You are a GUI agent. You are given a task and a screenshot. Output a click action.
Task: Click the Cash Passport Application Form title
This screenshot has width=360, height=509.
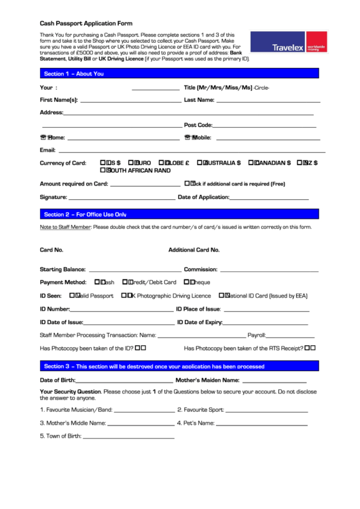pyautogui.click(x=86, y=22)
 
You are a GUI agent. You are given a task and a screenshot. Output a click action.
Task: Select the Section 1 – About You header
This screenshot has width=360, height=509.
pyautogui.click(x=179, y=73)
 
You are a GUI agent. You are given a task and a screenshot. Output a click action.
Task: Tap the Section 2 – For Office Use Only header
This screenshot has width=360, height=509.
pyautogui.click(x=179, y=214)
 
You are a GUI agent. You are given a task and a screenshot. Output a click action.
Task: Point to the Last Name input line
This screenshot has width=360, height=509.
pyautogui.click(x=265, y=101)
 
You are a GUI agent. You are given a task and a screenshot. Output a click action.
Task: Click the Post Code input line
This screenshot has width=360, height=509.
pyautogui.click(x=266, y=126)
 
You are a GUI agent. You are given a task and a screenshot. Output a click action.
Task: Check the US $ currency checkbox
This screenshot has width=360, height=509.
pyautogui.click(x=103, y=163)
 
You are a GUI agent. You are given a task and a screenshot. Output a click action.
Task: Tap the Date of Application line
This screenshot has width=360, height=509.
pyautogui.click(x=270, y=198)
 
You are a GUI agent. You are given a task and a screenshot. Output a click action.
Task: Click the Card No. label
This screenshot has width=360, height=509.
pyautogui.click(x=52, y=250)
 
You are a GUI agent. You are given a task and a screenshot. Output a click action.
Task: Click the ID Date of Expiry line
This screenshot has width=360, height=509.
pyautogui.click(x=266, y=323)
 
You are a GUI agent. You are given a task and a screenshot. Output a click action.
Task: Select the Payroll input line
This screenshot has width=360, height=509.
pyautogui.click(x=291, y=336)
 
